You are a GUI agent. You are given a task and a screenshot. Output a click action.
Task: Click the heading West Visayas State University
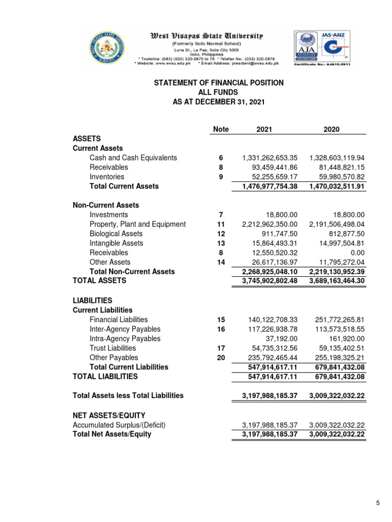[x=206, y=36]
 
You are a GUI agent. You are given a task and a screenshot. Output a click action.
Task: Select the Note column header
[x=220, y=129]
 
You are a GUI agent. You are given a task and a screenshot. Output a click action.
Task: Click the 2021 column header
[x=264, y=129]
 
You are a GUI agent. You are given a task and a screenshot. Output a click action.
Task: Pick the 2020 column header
[x=331, y=129]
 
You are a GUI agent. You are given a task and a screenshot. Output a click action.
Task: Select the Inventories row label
[x=107, y=177]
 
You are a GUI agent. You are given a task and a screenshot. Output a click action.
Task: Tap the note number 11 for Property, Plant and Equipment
[x=221, y=224]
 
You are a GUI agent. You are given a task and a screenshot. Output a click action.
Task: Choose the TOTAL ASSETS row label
[x=99, y=280]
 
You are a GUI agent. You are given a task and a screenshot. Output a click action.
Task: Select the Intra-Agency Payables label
[x=125, y=338]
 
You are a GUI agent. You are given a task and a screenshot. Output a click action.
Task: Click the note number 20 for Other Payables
[x=221, y=357]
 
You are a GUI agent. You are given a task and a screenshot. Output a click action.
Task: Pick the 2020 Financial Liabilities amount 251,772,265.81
[x=337, y=320]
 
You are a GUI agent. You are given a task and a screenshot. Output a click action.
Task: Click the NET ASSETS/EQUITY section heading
[x=109, y=415]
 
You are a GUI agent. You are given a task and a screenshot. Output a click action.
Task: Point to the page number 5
[x=378, y=504]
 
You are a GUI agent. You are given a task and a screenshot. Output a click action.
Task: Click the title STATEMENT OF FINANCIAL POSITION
[x=219, y=83]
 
